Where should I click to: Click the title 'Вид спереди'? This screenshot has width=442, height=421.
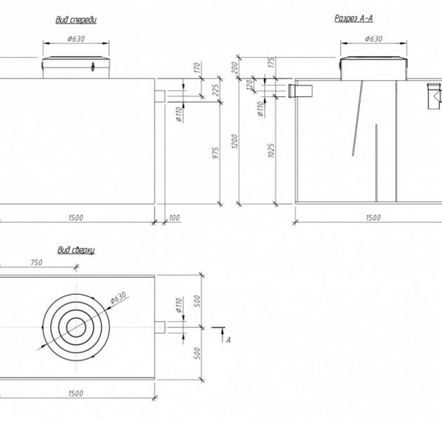click(x=76, y=20)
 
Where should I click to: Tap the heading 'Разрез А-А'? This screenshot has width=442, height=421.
click(x=354, y=18)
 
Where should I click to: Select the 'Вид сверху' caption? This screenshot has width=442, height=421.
click(x=76, y=250)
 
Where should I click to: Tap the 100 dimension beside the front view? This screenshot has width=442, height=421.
click(x=174, y=218)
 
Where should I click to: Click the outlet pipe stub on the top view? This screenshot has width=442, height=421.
click(x=160, y=328)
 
